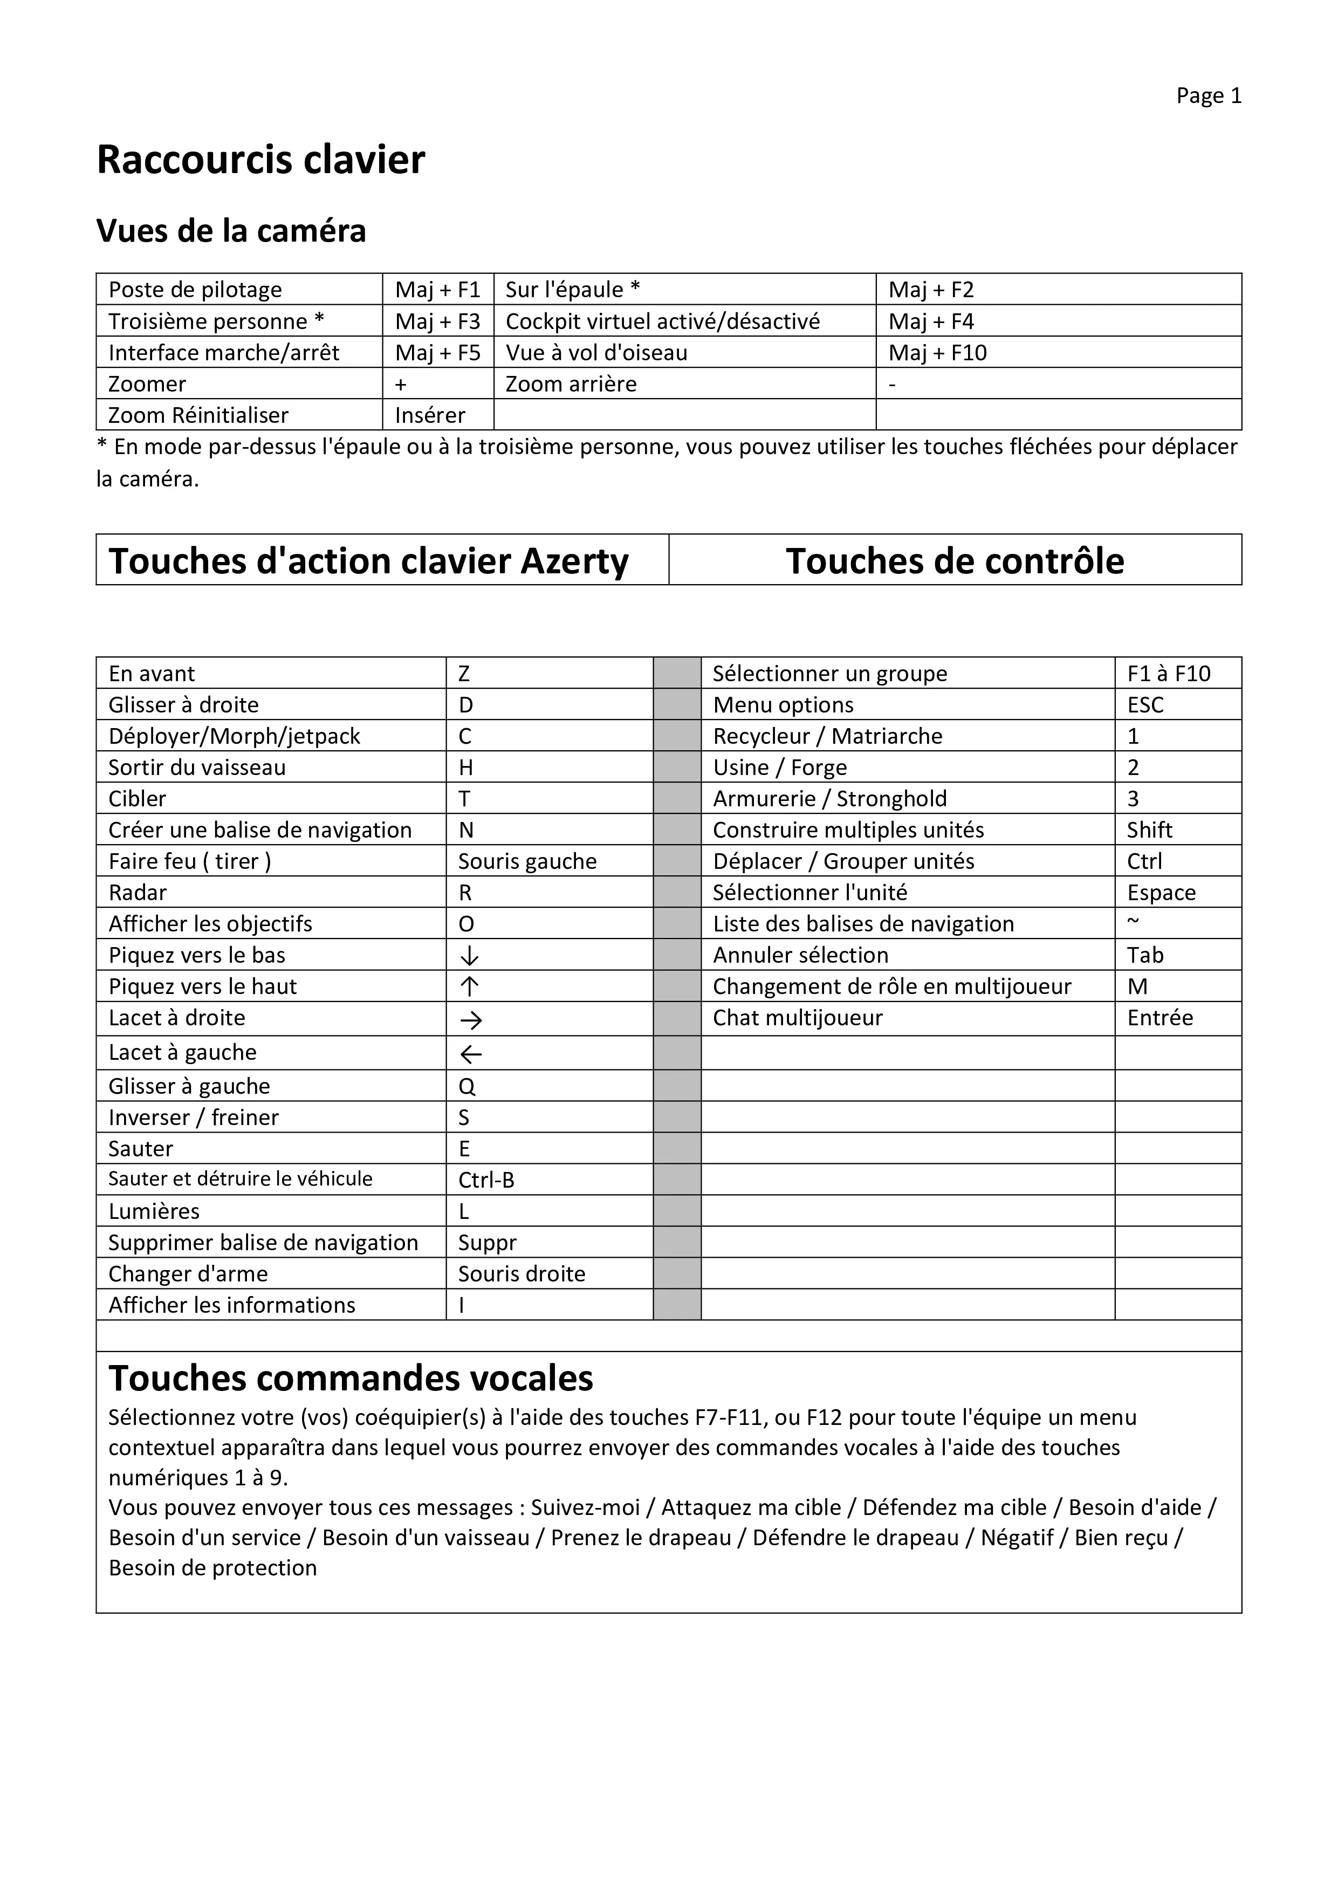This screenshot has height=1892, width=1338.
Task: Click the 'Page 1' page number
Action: click(1208, 97)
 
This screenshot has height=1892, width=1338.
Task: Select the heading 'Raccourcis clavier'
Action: click(260, 160)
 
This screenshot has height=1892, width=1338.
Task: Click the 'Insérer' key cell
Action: click(429, 415)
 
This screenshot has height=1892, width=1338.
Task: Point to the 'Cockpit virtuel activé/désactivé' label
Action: click(662, 321)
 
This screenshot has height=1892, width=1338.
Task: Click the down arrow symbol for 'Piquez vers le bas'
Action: click(469, 956)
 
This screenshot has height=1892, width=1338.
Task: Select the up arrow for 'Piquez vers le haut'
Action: click(469, 987)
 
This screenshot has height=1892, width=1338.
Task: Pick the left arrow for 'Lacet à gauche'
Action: click(470, 1054)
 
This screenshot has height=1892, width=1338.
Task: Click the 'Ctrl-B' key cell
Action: click(486, 1180)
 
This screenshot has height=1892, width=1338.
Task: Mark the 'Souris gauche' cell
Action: click(527, 862)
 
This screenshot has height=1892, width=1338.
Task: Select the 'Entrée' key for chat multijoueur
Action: click(1159, 1018)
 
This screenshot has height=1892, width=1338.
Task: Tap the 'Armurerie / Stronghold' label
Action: click(829, 799)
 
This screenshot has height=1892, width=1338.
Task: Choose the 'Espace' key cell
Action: click(1161, 893)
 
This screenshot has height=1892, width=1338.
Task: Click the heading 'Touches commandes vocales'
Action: click(351, 1379)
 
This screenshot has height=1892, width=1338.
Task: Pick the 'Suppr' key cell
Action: click(487, 1243)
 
